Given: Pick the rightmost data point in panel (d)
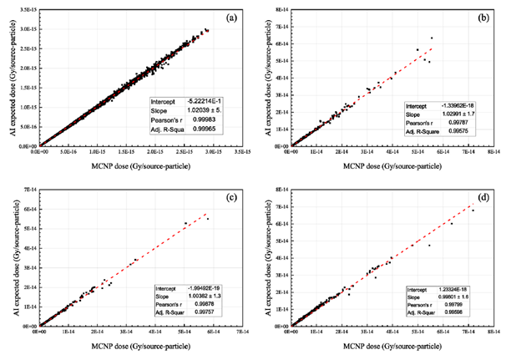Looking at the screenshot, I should tap(472, 210).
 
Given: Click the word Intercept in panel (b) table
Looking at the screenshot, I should tap(417, 107).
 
